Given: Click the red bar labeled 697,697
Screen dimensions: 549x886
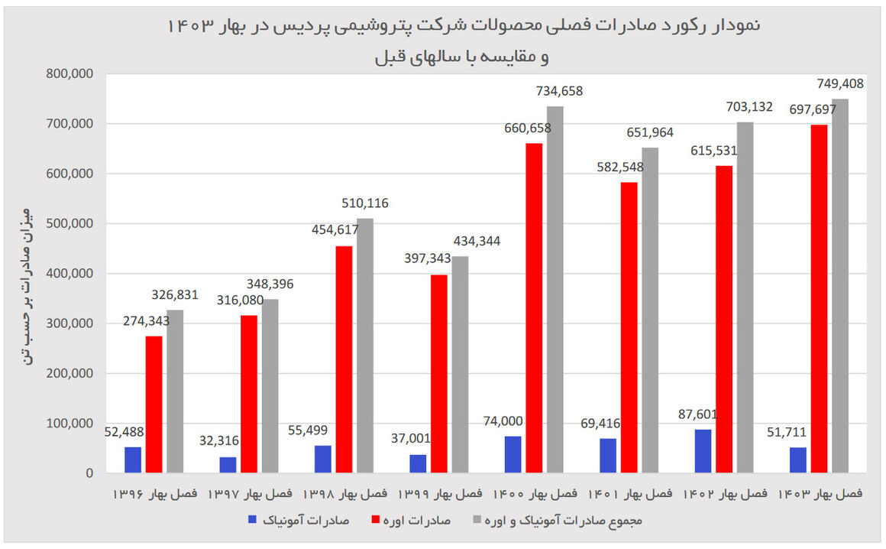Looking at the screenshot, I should click(x=818, y=298).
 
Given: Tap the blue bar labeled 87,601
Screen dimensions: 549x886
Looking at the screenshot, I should click(x=703, y=451).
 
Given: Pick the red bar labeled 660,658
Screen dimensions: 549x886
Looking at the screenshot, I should click(x=534, y=307).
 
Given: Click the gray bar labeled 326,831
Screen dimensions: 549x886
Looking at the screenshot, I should click(x=176, y=391).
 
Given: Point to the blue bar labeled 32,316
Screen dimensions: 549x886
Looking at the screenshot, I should click(x=228, y=465).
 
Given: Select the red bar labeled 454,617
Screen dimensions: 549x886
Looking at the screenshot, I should click(x=344, y=359).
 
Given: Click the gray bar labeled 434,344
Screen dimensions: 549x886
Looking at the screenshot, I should click(x=460, y=364).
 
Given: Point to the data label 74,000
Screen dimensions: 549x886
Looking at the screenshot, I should click(x=504, y=421).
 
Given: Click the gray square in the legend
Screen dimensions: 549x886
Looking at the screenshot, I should click(x=477, y=521).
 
